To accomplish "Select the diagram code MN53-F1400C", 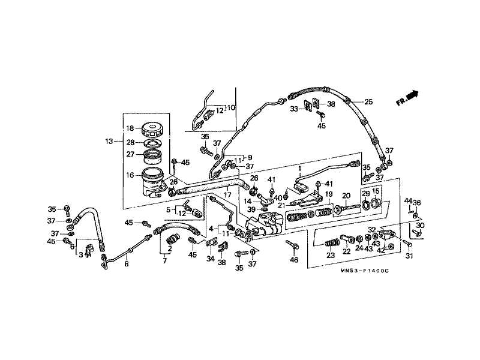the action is point(364,271).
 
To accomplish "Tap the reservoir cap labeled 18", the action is point(152,130).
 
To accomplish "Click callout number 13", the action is point(109,142).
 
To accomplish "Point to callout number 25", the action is point(368,101).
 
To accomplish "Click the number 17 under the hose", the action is point(227,194).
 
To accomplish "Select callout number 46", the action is point(294,260).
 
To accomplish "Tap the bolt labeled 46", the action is point(293,245).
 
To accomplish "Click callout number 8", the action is point(127,263).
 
